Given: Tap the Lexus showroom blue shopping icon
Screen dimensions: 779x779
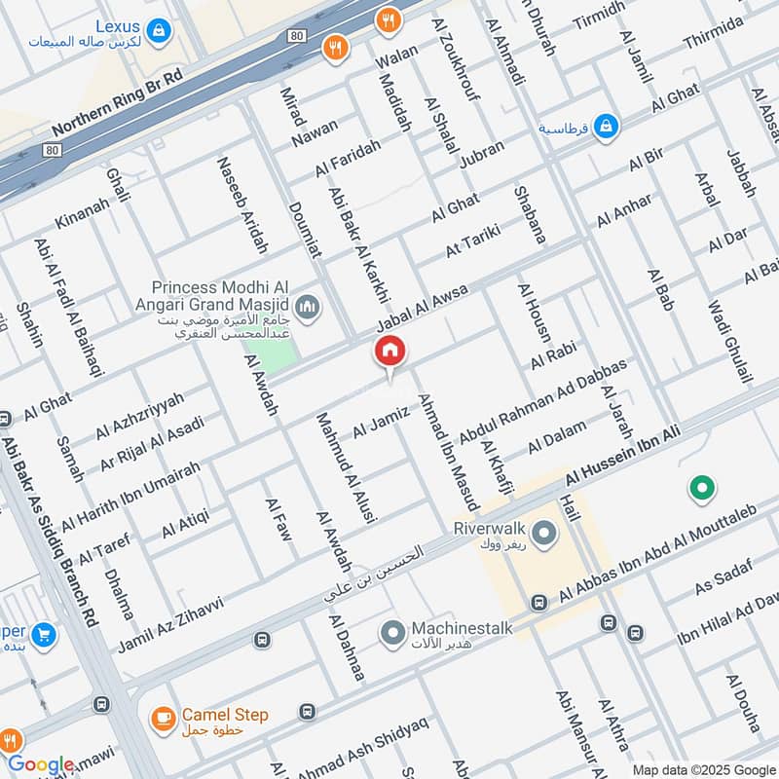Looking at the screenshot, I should tap(158, 31).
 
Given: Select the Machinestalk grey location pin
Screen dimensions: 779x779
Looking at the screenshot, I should tap(393, 634).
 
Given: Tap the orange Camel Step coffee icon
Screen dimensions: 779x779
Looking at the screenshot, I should tap(163, 719).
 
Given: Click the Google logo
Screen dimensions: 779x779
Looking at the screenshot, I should tap(40, 765).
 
